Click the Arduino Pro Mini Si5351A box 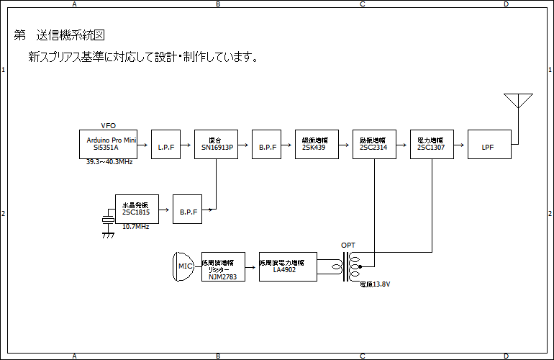point(108,143)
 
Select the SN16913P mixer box point(216,143)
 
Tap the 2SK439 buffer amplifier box point(317,143)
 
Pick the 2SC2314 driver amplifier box point(374,143)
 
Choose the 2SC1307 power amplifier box point(432,143)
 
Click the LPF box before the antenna point(489,143)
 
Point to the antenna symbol point(517,101)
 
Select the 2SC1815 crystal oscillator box point(137,208)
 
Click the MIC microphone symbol point(184,266)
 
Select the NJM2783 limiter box point(223,266)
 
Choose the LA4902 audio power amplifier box point(288,266)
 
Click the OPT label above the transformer point(348,246)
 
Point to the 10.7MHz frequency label point(135,227)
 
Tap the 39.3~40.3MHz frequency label point(109,162)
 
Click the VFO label point(108,125)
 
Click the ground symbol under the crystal point(109,233)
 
